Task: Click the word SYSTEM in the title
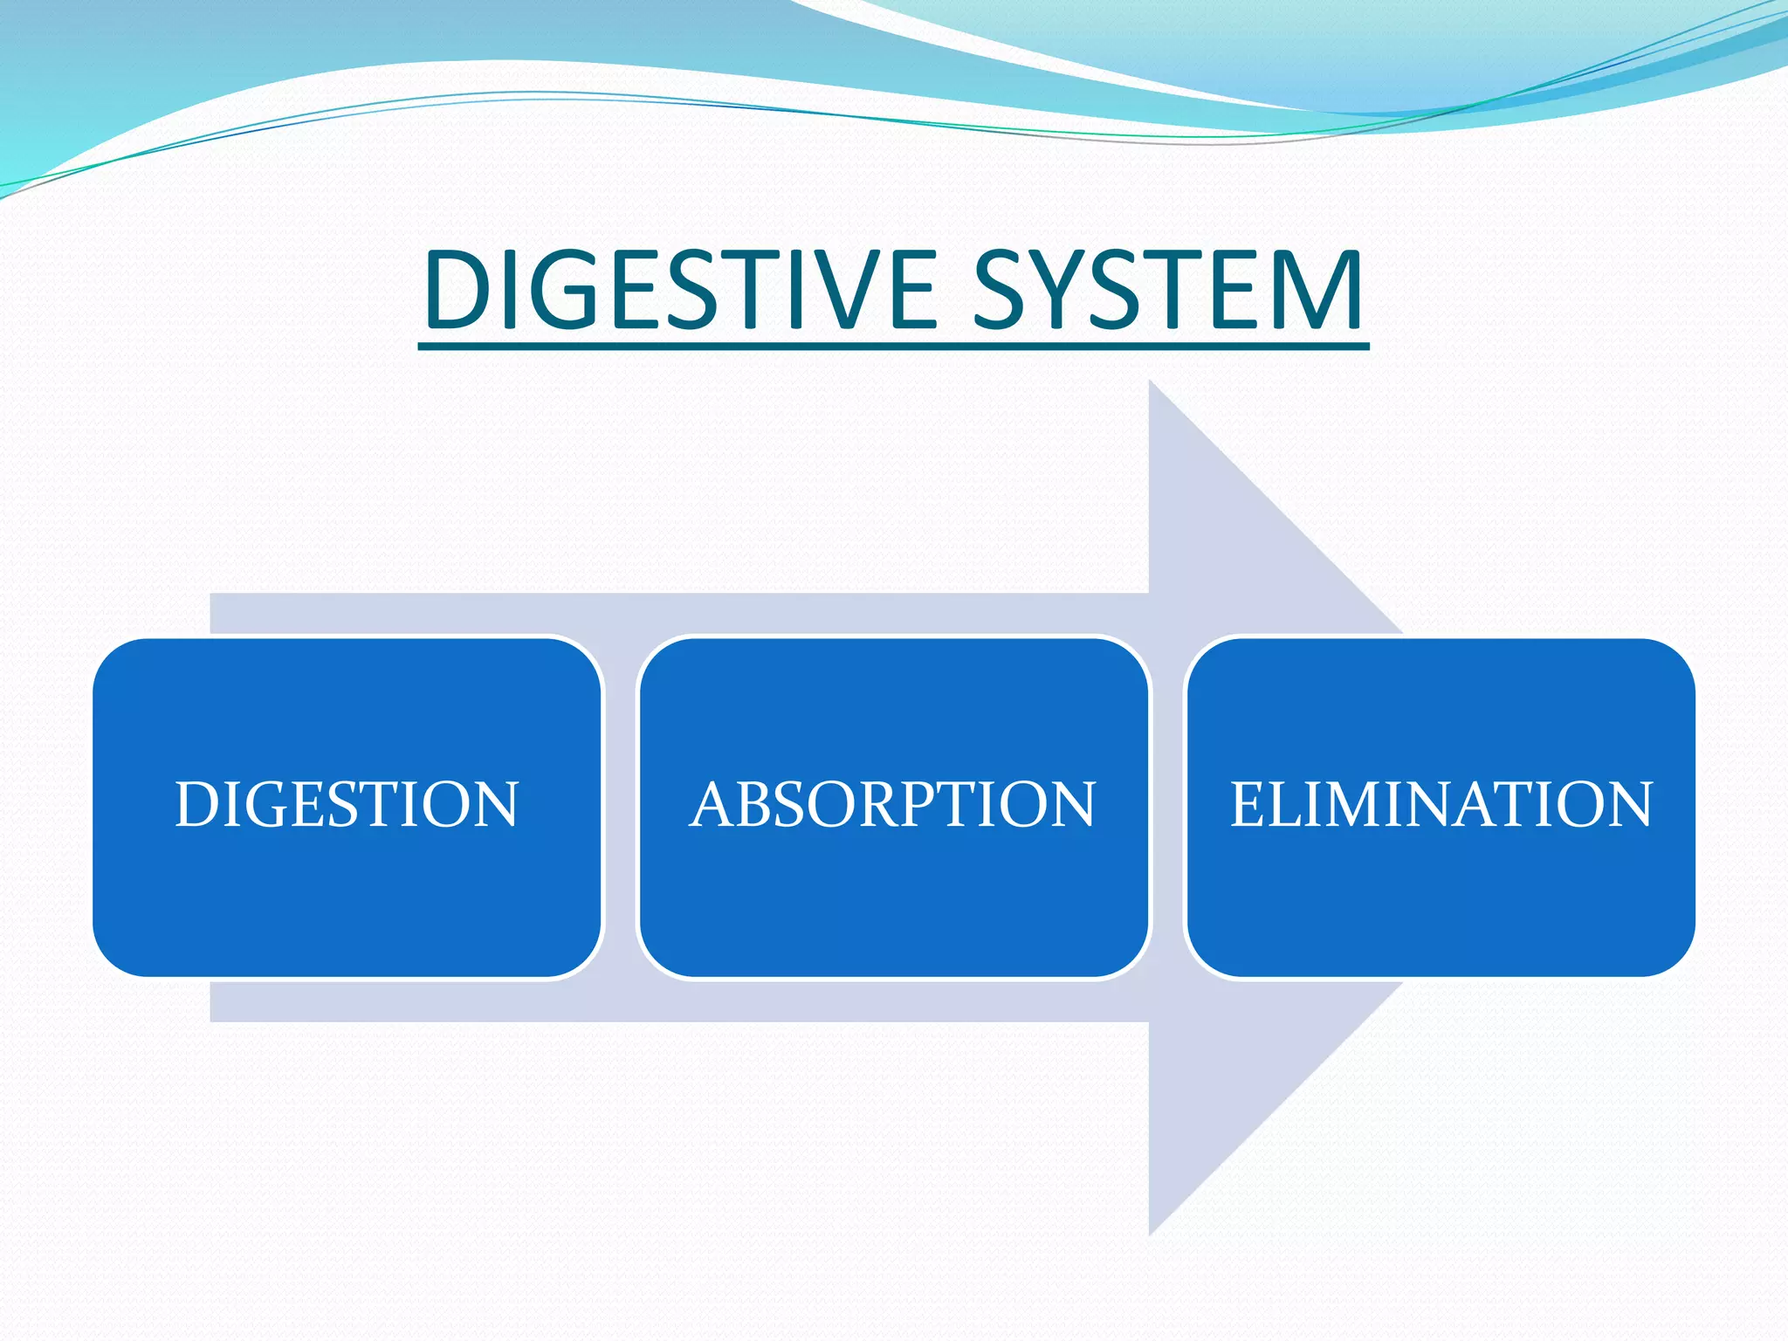(x=1167, y=290)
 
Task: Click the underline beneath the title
(x=892, y=347)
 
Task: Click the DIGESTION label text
(x=347, y=804)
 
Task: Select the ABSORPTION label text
(x=892, y=804)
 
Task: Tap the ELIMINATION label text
(x=1441, y=804)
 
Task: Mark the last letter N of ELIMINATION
(x=1628, y=804)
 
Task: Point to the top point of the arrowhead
(x=1151, y=383)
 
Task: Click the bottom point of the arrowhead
(x=1151, y=1232)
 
